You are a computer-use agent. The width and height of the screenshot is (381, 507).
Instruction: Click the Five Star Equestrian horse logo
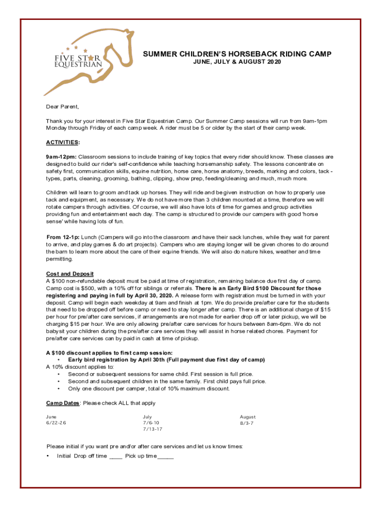pos(87,63)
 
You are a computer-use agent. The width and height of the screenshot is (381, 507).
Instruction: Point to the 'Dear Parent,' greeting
pos(63,107)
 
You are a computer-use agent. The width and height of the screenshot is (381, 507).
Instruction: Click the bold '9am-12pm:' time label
pos(61,156)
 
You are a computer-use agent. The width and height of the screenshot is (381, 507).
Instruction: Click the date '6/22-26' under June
pos(56,423)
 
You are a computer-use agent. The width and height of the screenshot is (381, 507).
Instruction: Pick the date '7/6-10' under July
pos(151,423)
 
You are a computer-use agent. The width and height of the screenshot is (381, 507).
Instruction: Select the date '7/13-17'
pos(153,429)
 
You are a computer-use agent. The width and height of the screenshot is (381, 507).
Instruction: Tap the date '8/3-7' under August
pos(247,423)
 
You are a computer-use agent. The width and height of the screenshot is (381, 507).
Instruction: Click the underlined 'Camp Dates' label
pos(63,403)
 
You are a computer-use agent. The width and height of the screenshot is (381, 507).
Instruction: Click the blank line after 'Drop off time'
pos(115,457)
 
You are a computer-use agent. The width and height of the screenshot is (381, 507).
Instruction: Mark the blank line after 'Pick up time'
pos(166,457)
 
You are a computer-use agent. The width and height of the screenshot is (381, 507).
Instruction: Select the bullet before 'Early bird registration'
pos(60,360)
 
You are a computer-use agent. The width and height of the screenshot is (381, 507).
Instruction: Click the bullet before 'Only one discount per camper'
pos(60,389)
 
